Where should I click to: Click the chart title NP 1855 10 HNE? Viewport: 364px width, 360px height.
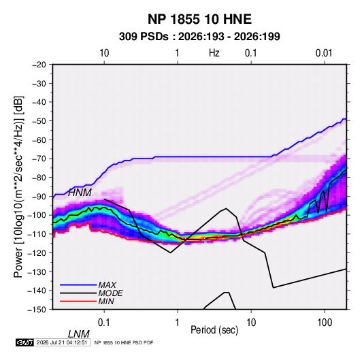click(x=199, y=19)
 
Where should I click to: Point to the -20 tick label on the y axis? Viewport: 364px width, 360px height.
click(x=39, y=65)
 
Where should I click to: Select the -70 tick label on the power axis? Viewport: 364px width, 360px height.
click(x=39, y=159)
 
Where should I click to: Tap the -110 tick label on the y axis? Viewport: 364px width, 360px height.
click(x=37, y=234)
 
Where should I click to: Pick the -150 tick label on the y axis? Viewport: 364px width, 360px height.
click(x=37, y=310)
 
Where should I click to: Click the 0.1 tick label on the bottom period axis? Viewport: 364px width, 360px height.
click(x=104, y=323)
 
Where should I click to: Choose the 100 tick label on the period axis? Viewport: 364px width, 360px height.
click(x=325, y=323)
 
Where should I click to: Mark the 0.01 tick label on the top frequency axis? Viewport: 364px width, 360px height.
click(x=324, y=53)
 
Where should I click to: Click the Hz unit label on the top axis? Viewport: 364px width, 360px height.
click(x=214, y=53)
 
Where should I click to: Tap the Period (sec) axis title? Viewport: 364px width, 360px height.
click(x=214, y=330)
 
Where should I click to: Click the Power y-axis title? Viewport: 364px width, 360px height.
click(x=18, y=187)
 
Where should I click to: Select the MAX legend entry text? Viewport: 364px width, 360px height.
click(x=107, y=285)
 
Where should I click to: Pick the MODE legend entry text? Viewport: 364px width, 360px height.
click(x=110, y=293)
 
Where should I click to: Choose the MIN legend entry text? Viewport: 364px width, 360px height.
click(x=106, y=301)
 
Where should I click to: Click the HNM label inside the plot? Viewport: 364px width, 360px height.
click(x=80, y=193)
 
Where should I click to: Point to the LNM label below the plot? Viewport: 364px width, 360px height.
click(x=79, y=334)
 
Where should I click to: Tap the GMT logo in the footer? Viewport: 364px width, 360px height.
click(x=25, y=342)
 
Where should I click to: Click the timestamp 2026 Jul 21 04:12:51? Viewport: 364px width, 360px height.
click(x=62, y=342)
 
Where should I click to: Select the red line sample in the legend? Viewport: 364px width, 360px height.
click(x=78, y=301)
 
